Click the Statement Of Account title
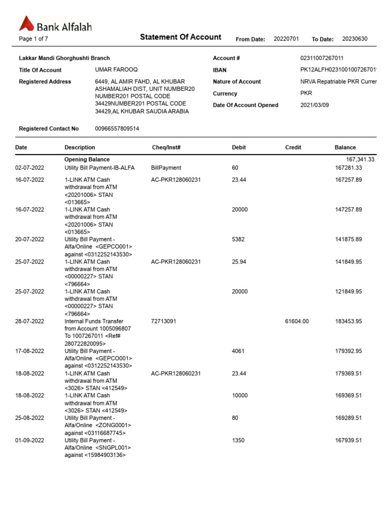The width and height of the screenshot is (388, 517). (180, 37)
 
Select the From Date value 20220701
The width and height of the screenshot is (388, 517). (286, 39)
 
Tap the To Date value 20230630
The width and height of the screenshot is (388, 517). (355, 39)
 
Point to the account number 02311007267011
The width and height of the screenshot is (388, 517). (322, 58)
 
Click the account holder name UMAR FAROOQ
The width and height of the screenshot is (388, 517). (116, 70)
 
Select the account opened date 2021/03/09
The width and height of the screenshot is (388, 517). (317, 105)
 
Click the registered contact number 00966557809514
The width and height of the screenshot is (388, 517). (117, 129)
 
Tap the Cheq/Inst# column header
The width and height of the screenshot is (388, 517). (166, 147)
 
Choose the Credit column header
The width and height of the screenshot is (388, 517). (293, 147)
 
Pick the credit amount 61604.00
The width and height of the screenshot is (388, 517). (297, 321)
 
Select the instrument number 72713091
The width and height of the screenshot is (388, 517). (164, 321)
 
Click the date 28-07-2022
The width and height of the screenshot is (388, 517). (30, 321)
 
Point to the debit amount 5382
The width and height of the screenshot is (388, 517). (238, 239)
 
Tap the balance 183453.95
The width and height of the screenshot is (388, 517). (349, 321)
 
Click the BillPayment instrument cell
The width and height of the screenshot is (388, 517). (166, 168)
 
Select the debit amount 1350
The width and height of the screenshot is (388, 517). (238, 440)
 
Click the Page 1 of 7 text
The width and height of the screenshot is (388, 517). (33, 39)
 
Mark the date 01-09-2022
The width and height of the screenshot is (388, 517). (30, 440)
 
